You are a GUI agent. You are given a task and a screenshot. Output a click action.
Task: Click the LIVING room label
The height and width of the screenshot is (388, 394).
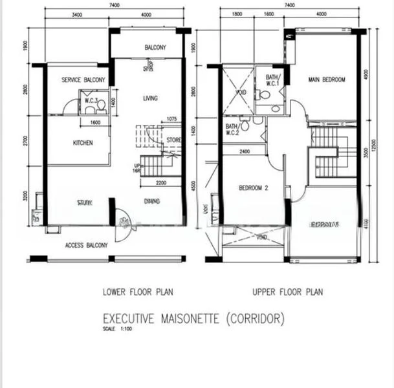151,98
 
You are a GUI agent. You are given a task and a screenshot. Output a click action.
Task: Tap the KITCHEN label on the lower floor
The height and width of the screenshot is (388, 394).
82,143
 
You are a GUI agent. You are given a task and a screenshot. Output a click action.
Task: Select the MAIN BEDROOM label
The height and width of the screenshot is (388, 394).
327,80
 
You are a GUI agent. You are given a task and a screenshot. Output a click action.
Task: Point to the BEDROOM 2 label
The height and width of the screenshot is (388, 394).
254,188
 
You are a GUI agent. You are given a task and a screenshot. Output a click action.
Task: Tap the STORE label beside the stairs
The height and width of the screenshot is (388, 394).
173,139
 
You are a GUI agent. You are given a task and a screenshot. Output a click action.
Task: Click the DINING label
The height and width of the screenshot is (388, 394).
152,202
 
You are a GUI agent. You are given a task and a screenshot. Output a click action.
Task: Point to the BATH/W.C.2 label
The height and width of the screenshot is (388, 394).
232,129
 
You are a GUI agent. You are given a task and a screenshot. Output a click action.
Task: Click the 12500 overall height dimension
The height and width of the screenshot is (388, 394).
371,145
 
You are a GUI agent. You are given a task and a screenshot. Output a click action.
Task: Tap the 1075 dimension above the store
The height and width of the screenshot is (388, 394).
171,119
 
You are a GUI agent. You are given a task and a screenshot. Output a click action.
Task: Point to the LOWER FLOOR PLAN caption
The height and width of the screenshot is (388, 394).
138,292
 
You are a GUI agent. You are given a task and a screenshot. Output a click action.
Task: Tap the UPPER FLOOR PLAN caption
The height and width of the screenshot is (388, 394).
287,292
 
